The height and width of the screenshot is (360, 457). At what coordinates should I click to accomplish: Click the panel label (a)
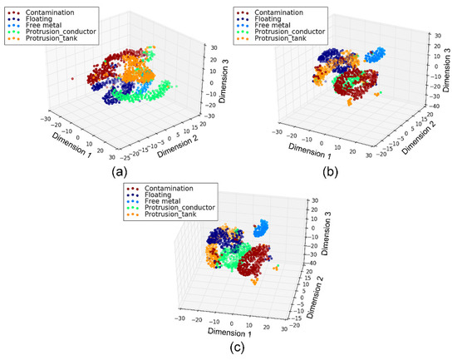pyautogui.click(x=106, y=173)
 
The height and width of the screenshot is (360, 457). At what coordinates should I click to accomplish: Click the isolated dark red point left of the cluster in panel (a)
pyautogui.click(x=72, y=80)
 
